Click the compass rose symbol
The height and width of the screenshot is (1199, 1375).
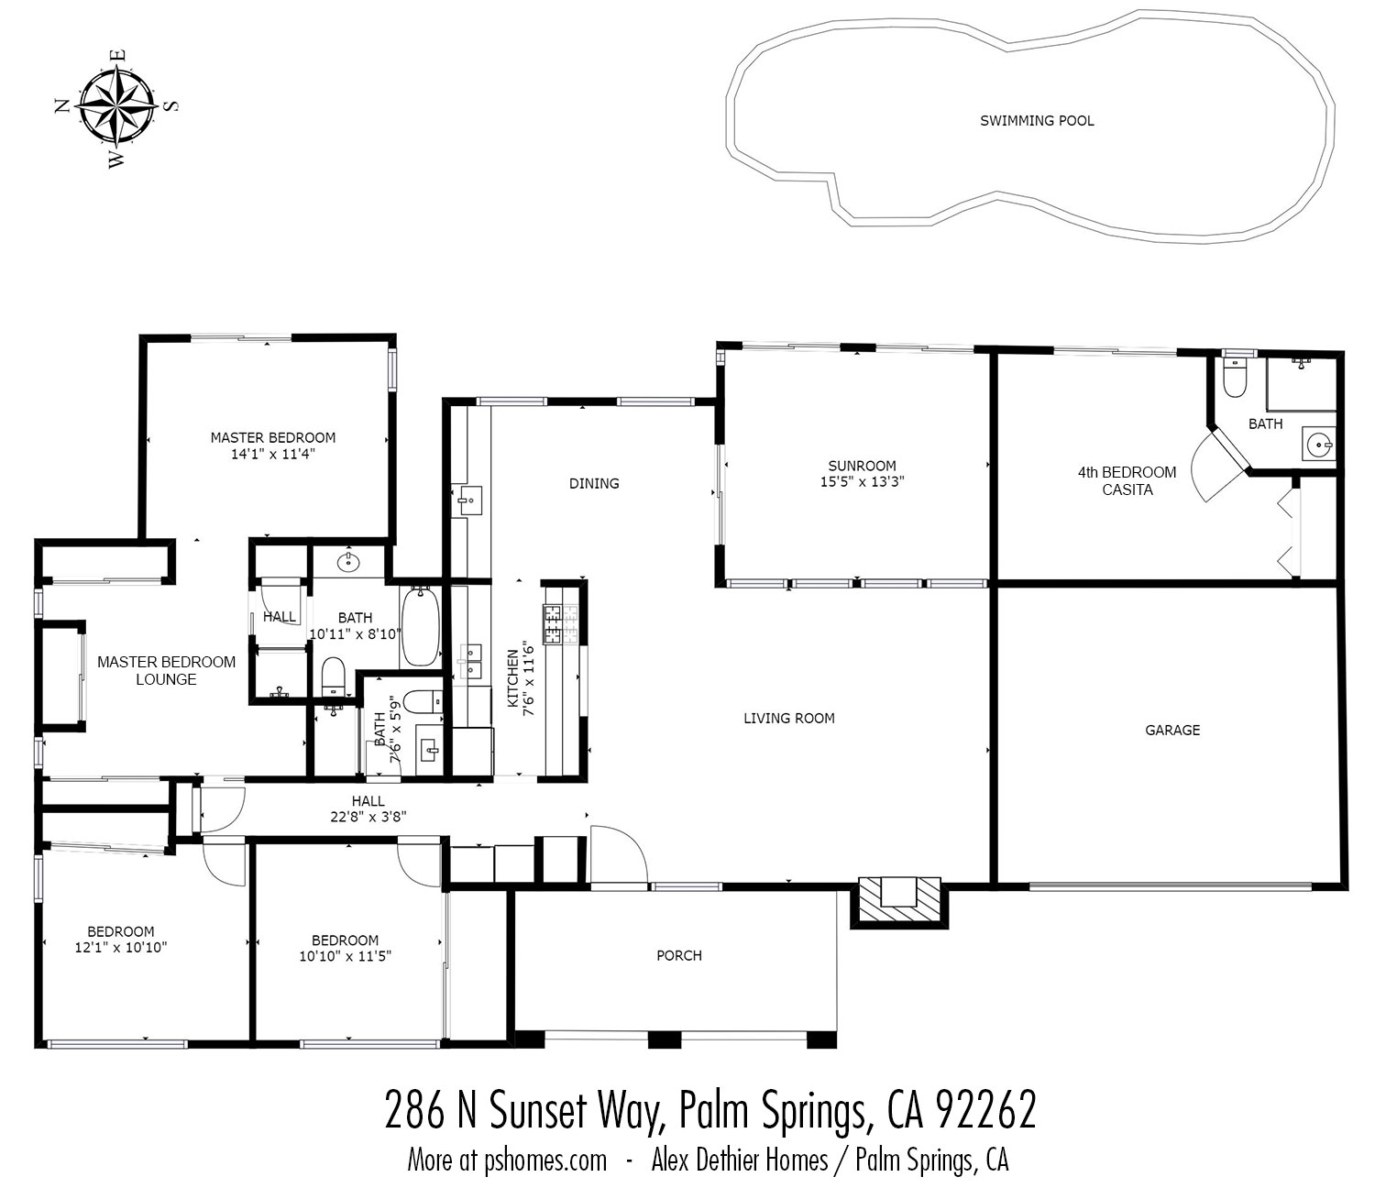point(115,107)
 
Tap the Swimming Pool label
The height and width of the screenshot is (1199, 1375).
point(1037,120)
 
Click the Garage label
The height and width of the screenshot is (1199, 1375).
point(1171,731)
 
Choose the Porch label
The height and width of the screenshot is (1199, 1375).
point(678,955)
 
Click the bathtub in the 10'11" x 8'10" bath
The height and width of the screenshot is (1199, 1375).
point(421,627)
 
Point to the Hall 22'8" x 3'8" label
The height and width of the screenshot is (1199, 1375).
point(368,808)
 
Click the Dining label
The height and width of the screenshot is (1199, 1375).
point(594,483)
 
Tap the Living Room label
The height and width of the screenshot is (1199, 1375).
point(788,719)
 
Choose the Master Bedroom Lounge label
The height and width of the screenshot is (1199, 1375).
point(166,670)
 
